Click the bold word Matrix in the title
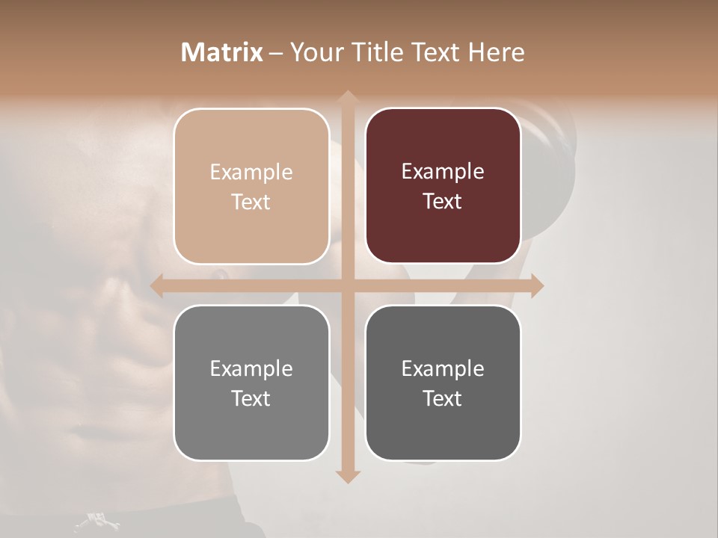[222, 52]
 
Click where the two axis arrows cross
[347, 285]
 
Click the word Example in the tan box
[251, 173]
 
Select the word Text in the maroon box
[443, 202]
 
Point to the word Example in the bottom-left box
[251, 369]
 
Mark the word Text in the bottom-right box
[443, 398]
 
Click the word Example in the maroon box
[443, 172]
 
